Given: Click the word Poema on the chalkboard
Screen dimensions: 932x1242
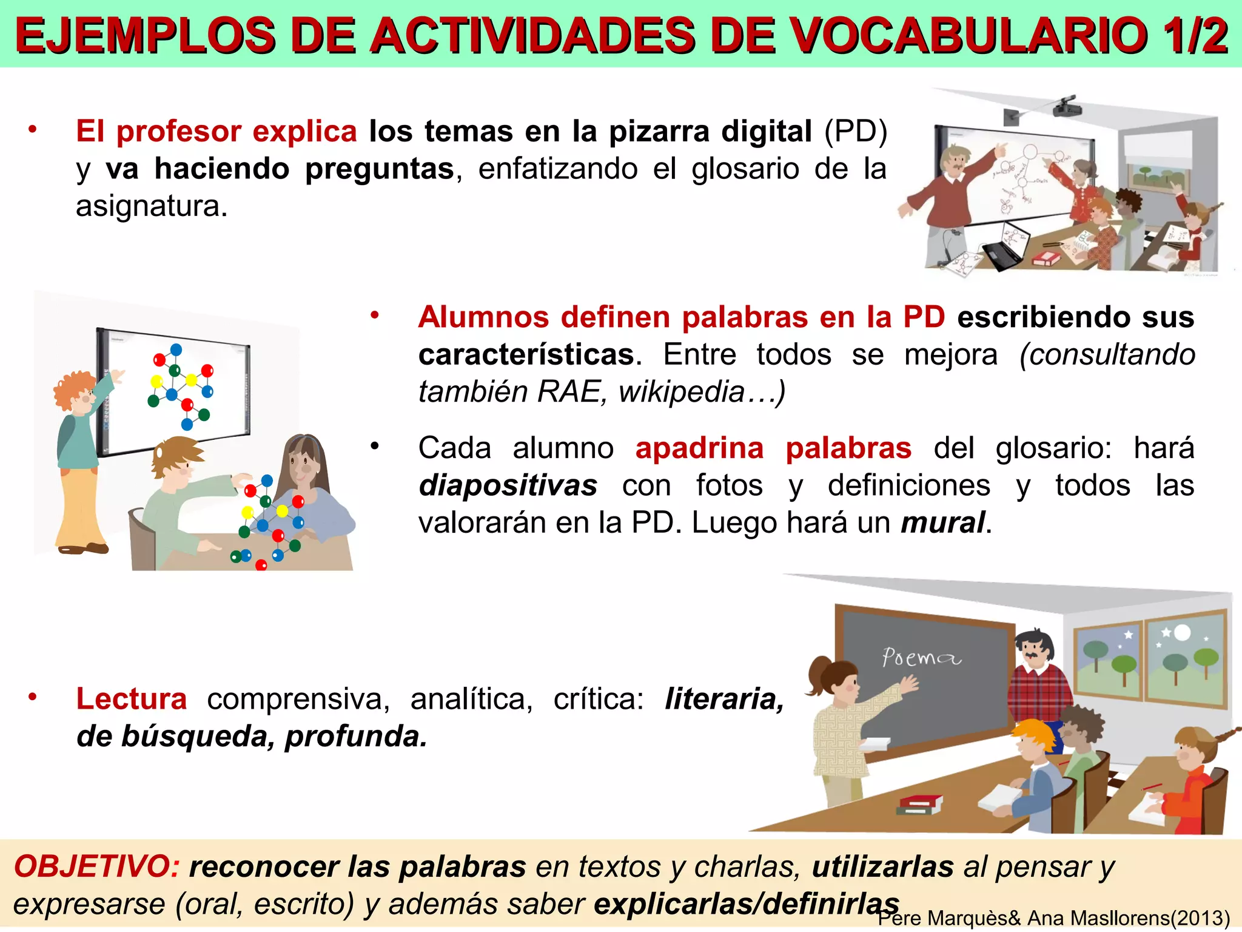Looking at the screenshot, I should [x=921, y=657].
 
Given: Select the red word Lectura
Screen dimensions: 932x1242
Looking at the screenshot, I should [x=131, y=699].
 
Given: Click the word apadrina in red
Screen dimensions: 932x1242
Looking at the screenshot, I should [x=699, y=448].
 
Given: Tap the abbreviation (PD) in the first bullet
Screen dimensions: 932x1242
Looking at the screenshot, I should [x=856, y=132].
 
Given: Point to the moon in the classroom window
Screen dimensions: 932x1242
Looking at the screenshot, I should [x=1182, y=633].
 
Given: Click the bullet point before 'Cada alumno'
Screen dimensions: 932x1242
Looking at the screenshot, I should [x=375, y=447].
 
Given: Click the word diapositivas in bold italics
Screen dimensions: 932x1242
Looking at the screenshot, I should [x=508, y=486].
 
